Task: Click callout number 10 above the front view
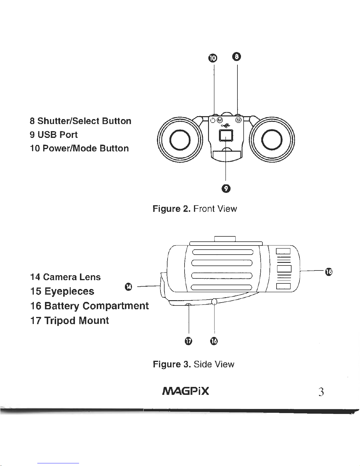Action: click(214, 58)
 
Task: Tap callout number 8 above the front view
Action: click(237, 56)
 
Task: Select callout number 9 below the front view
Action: click(225, 188)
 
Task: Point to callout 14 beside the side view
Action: click(128, 286)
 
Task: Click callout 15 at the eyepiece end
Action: click(329, 272)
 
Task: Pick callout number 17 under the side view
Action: click(188, 341)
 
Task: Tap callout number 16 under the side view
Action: click(214, 341)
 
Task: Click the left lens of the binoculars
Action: click(180, 139)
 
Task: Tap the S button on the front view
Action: click(239, 120)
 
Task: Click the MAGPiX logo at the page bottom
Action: click(185, 391)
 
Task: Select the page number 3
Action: click(321, 392)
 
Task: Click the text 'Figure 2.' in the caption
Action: click(172, 209)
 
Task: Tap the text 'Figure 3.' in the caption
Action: click(172, 364)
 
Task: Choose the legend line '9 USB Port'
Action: click(54, 135)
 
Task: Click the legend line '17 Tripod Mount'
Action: click(70, 320)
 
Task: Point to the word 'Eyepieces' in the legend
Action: click(69, 291)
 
